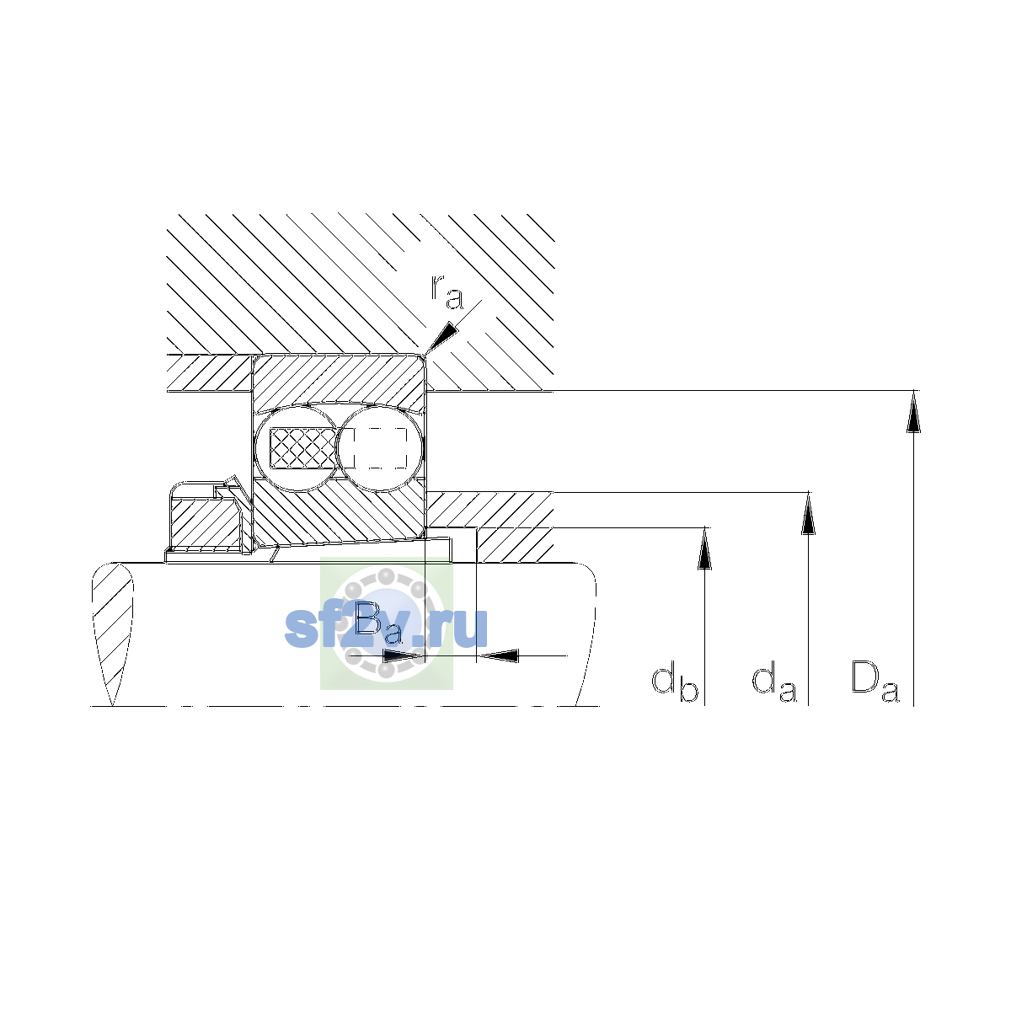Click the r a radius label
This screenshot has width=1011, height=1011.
coord(447,292)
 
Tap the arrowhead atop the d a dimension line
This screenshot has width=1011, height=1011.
coord(809,513)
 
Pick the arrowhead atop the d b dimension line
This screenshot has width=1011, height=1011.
coord(704,548)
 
